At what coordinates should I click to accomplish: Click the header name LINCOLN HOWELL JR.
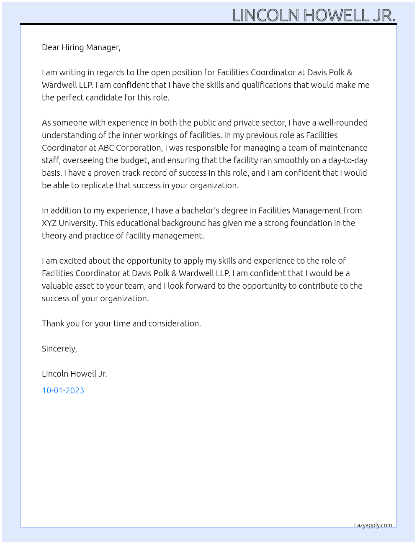tap(314, 15)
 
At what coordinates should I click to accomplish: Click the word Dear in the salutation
tap(51, 47)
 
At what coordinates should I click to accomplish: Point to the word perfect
tap(71, 98)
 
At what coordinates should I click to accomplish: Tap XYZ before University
tap(49, 223)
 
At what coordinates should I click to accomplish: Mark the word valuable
tap(57, 286)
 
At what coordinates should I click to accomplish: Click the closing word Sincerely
tap(59, 349)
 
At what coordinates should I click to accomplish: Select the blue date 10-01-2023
tap(63, 390)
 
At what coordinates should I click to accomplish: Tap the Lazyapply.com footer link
tap(373, 525)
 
